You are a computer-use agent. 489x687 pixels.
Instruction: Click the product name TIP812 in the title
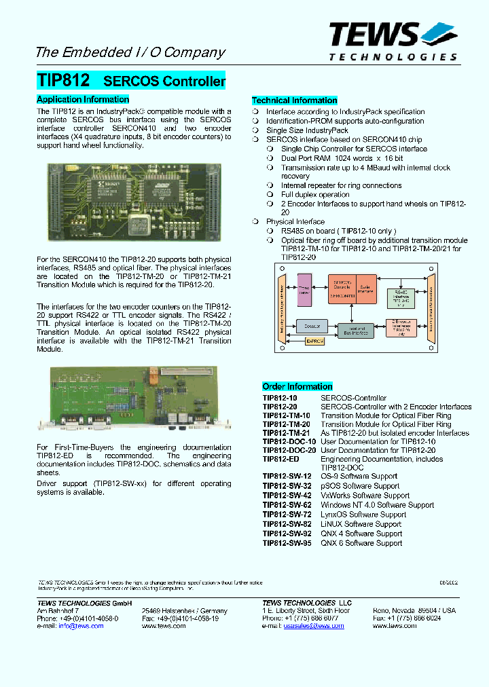(x=62, y=80)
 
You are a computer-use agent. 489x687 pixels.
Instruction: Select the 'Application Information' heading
(x=82, y=99)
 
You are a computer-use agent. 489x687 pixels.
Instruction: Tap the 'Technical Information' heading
(x=295, y=100)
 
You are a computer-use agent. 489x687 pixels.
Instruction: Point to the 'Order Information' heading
(x=297, y=386)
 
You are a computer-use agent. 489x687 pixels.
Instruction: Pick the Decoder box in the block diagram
(x=312, y=327)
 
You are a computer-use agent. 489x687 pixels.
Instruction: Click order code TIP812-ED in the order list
(x=279, y=460)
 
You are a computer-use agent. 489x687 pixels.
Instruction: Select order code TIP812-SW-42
(x=287, y=496)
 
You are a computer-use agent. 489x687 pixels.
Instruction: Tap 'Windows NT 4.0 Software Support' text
(x=377, y=505)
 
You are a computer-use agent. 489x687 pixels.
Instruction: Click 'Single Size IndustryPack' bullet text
(x=307, y=130)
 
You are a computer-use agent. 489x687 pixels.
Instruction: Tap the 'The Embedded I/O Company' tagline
(x=130, y=52)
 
